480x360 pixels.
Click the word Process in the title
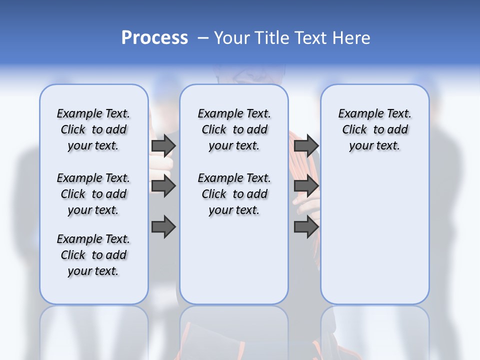[x=154, y=38]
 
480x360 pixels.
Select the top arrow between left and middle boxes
[x=163, y=146]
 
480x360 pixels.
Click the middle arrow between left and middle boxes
[x=163, y=186]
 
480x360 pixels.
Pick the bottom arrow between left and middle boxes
[x=163, y=227]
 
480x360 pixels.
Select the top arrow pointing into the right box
[x=306, y=146]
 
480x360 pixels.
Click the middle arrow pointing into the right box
[x=306, y=186]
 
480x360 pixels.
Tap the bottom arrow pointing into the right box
[x=306, y=227]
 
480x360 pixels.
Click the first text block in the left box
[x=93, y=129]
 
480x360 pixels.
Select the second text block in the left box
[x=93, y=194]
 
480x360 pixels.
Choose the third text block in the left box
[x=93, y=255]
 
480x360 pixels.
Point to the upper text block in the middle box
[x=234, y=129]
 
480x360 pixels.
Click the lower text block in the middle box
[x=234, y=194]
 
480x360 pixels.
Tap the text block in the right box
[x=374, y=129]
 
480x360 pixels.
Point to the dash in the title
[x=203, y=38]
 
